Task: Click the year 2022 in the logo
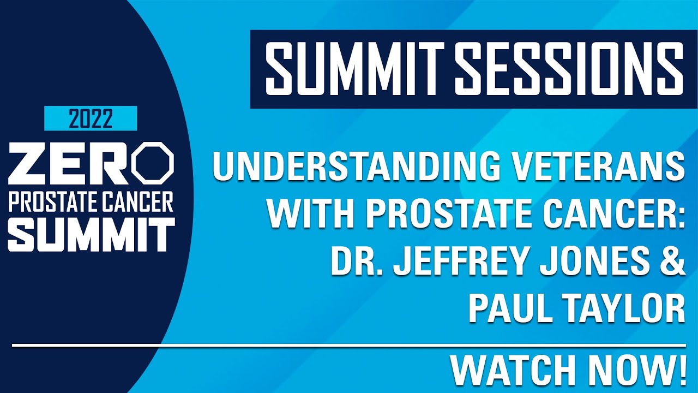(91, 118)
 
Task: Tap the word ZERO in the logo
(91, 163)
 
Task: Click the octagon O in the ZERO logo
(154, 163)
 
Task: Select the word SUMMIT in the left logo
(92, 234)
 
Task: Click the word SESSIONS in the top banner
(569, 69)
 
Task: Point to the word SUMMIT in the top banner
(355, 69)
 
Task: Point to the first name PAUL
(508, 309)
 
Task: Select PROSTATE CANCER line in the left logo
(91, 202)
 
